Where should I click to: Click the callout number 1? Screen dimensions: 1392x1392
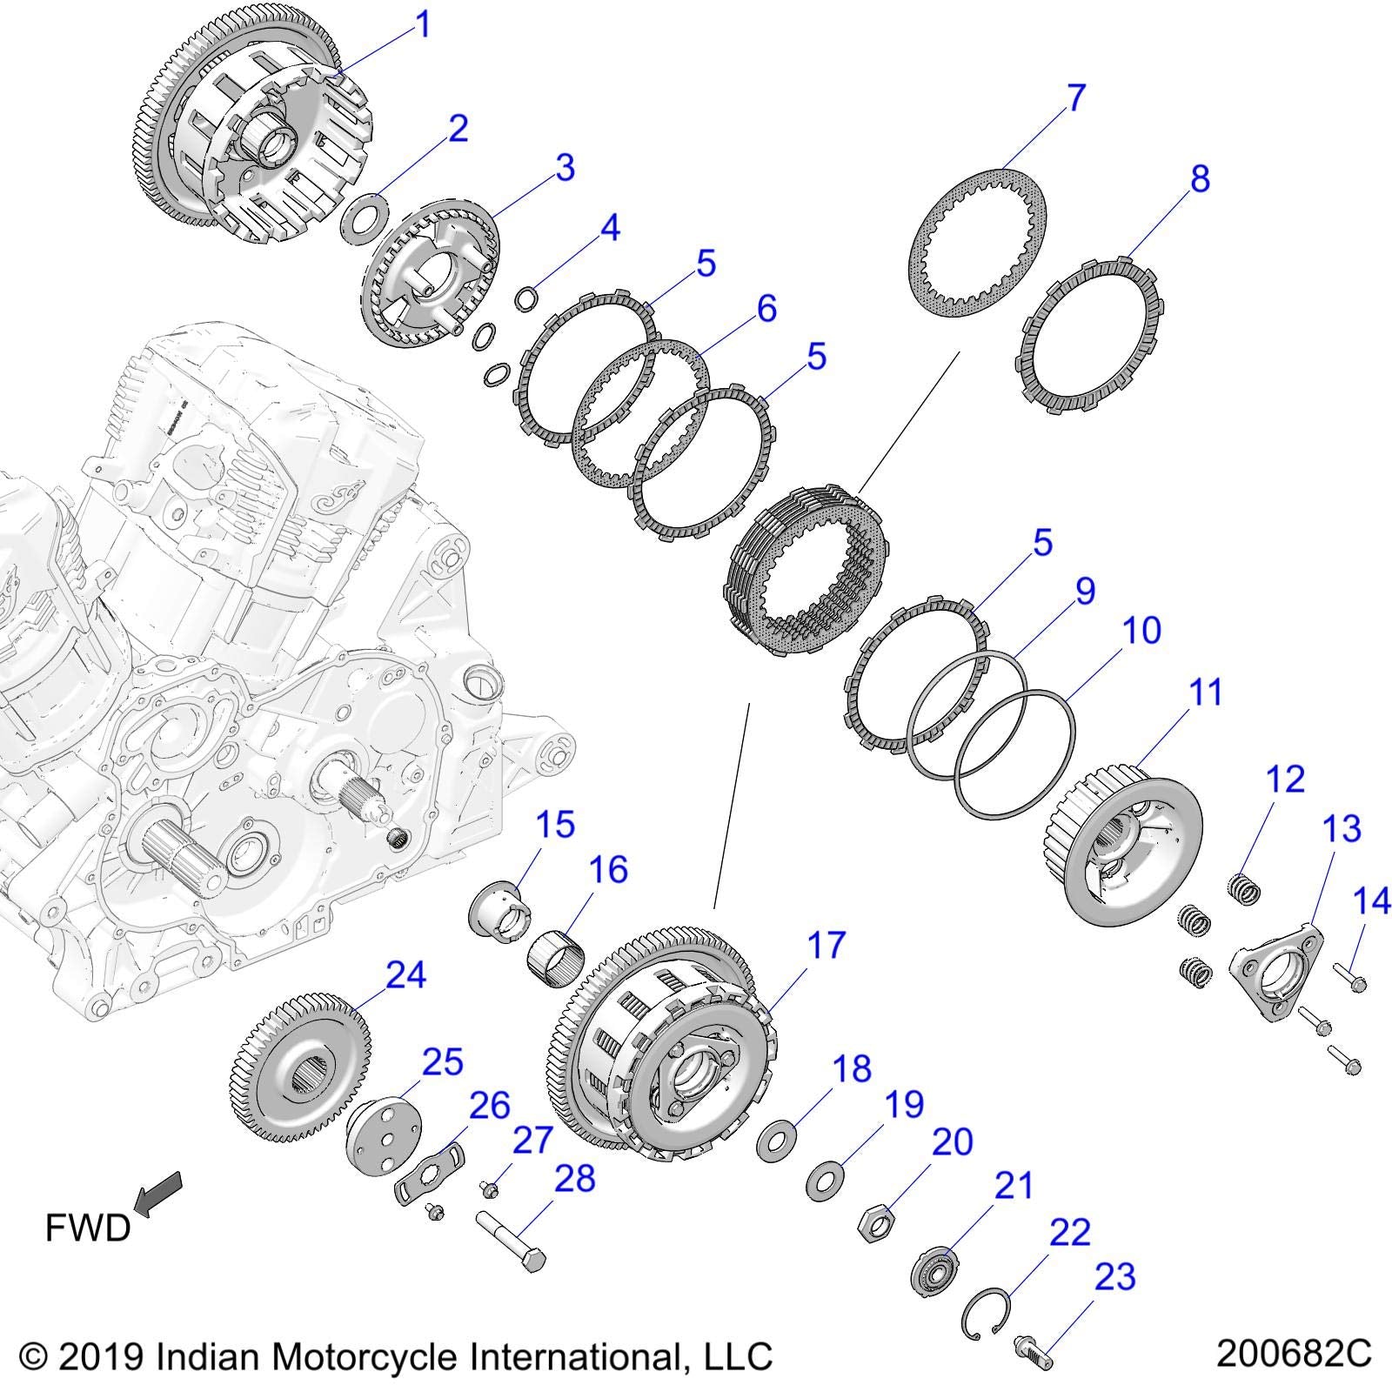424,25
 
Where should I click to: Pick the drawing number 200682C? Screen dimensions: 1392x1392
1294,1354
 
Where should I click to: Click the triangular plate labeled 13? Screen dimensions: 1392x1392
1275,974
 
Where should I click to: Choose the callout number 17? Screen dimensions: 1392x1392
825,944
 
